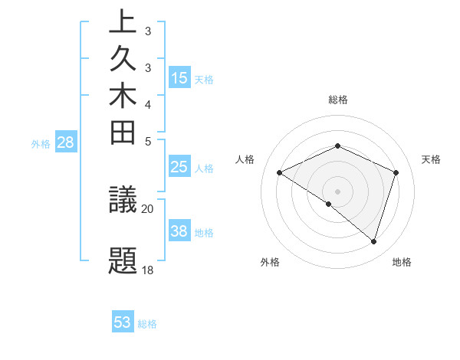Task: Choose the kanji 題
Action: (x=123, y=260)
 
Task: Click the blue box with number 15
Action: (x=179, y=78)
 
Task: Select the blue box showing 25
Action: (x=179, y=168)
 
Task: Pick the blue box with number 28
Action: (x=66, y=142)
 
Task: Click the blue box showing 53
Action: (x=123, y=322)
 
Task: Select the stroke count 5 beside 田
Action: (x=147, y=140)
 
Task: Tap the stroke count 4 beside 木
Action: (x=147, y=104)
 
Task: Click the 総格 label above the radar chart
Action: (x=338, y=100)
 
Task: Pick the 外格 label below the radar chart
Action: (x=270, y=262)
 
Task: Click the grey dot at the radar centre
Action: (x=337, y=191)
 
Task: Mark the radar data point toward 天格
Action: (x=396, y=172)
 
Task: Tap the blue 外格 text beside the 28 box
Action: (x=41, y=142)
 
